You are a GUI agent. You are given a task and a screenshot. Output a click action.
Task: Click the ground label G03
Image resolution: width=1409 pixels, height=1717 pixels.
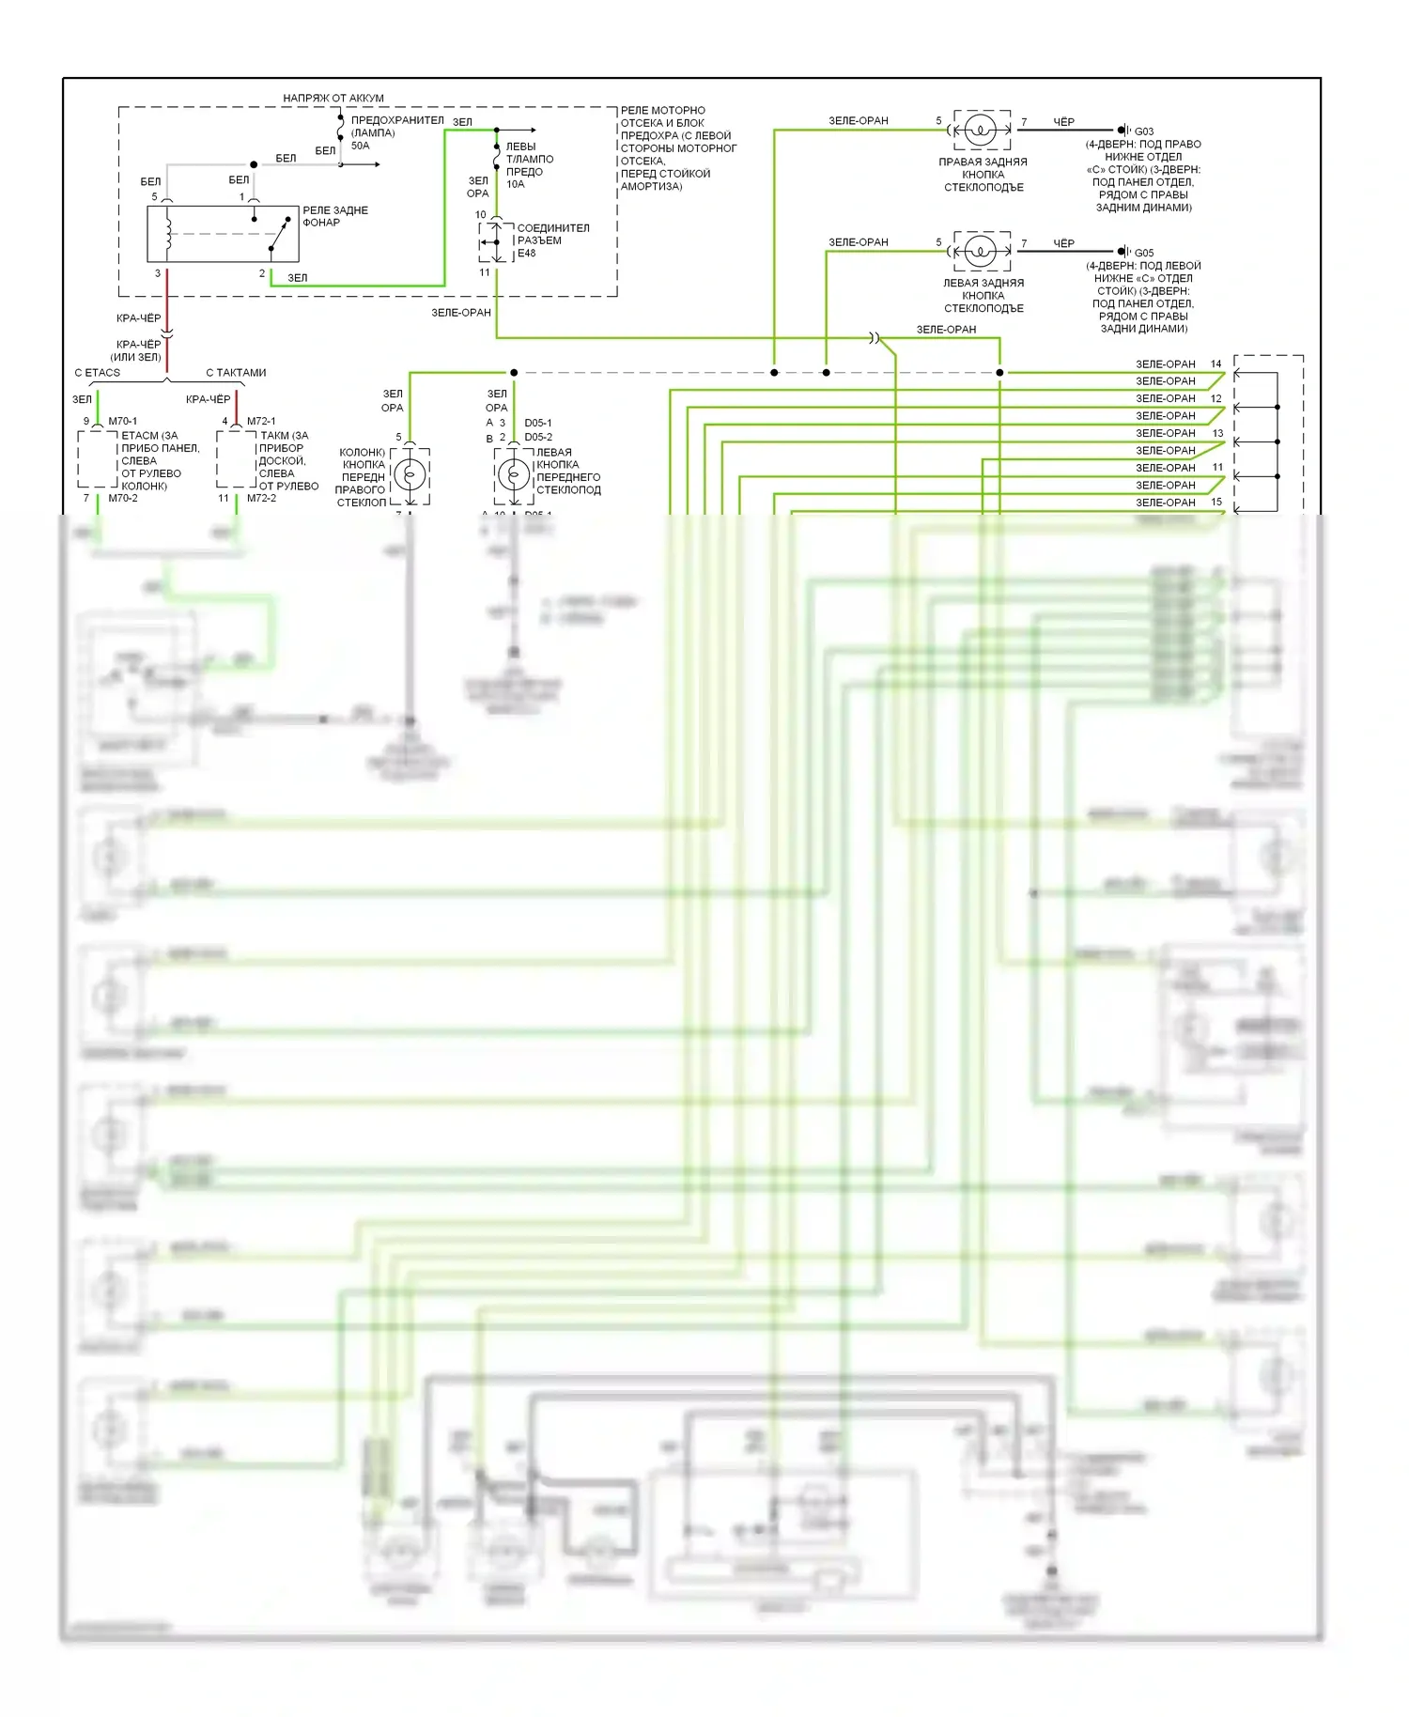(x=1143, y=131)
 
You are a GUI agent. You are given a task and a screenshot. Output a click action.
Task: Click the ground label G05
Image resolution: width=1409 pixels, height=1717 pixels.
(x=1143, y=253)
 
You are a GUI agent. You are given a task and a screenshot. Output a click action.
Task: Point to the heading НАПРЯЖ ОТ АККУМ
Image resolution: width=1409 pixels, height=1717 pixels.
(x=333, y=98)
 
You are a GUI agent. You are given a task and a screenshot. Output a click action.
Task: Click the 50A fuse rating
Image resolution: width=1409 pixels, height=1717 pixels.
(x=360, y=146)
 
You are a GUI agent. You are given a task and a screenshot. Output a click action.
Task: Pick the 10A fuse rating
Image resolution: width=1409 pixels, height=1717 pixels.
(x=515, y=184)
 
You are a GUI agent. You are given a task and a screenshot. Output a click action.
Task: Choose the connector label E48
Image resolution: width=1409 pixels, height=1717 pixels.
(x=526, y=254)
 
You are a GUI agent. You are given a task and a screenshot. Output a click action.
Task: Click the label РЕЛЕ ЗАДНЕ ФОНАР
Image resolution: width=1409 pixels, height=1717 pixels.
(x=334, y=216)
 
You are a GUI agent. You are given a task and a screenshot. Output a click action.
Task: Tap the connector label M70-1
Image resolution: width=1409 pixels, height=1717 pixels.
(x=122, y=422)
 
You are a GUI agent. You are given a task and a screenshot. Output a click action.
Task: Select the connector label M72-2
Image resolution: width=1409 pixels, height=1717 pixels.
(x=261, y=499)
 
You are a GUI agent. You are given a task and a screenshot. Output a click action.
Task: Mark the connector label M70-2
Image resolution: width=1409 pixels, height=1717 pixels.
(x=122, y=499)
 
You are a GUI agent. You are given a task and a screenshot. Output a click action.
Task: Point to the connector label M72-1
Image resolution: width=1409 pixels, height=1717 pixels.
(x=261, y=422)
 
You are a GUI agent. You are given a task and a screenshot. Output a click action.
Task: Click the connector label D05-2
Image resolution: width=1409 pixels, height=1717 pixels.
(x=538, y=438)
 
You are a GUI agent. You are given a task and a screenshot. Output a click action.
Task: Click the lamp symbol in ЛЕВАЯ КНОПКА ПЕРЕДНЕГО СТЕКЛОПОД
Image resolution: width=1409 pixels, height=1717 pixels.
(x=513, y=475)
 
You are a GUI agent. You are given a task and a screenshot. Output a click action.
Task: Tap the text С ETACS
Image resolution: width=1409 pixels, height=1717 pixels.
(x=97, y=373)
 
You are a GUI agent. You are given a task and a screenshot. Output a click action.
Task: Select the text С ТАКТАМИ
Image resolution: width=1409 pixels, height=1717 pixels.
(x=236, y=373)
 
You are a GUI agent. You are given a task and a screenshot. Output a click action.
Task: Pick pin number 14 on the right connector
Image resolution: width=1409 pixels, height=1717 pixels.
(x=1215, y=364)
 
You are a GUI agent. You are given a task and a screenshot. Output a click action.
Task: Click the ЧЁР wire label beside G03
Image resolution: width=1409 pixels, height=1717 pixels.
(x=1063, y=122)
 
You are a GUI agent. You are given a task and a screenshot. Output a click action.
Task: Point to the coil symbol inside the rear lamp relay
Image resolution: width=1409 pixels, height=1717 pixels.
(x=169, y=234)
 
